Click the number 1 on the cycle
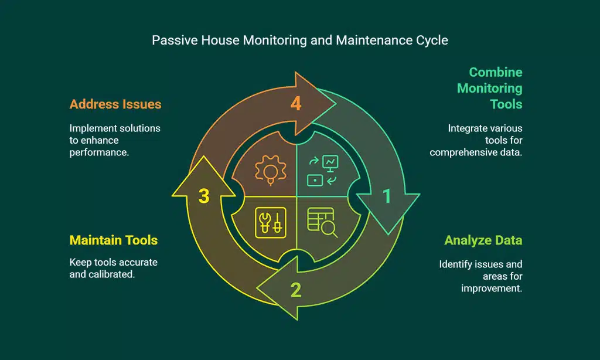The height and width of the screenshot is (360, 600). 387,196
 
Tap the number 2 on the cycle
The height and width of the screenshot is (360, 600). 296,290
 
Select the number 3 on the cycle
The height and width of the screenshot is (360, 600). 204,196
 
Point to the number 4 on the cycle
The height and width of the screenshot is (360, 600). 296,104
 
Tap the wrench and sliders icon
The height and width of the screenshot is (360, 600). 271,222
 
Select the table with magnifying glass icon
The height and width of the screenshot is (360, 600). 322,222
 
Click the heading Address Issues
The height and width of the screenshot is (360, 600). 115,104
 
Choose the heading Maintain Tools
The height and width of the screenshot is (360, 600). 114,240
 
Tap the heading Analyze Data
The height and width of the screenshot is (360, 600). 483,240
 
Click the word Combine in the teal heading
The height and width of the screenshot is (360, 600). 495,72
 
